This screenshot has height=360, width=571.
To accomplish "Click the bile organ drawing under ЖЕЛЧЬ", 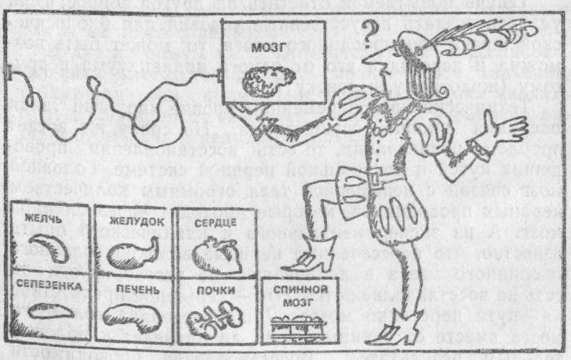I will (49, 246).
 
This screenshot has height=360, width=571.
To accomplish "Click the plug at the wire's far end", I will (8, 72).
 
